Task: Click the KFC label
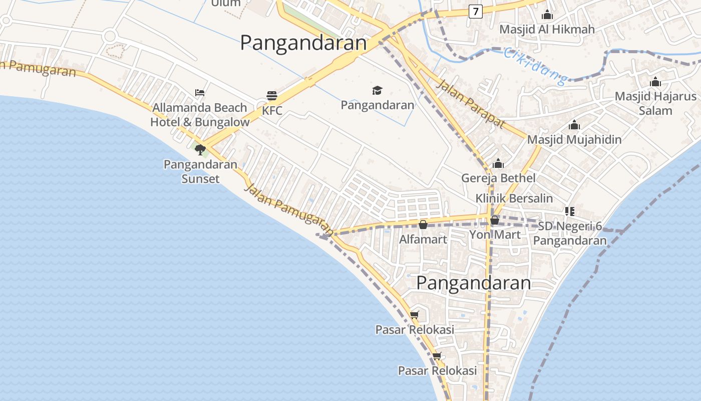[272, 111]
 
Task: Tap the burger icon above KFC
[272, 96]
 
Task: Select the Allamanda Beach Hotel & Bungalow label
[200, 115]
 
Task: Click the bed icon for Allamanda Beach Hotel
[200, 93]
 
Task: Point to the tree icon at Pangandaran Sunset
[200, 149]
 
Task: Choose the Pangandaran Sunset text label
[200, 171]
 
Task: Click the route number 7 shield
[476, 11]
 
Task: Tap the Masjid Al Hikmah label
[547, 30]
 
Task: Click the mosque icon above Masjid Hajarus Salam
[655, 82]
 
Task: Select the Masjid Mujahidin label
[574, 140]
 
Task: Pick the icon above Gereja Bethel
[498, 164]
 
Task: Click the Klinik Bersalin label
[514, 198]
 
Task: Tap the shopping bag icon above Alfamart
[423, 225]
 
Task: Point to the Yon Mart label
[495, 234]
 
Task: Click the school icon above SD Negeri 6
[569, 212]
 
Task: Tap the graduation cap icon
[377, 90]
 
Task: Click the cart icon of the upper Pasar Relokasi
[414, 315]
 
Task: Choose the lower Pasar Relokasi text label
[437, 371]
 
